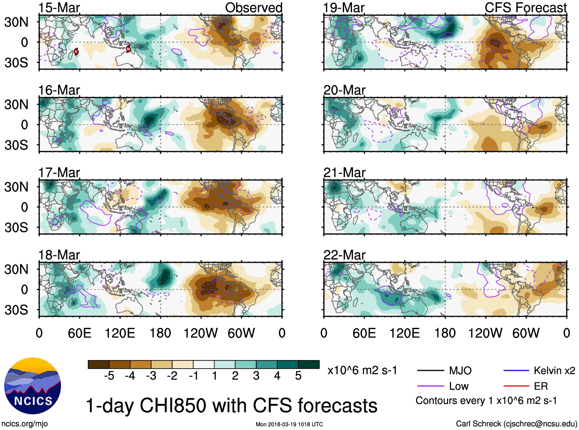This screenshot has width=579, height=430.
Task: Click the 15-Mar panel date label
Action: [x=59, y=8]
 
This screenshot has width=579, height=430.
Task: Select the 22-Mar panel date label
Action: [x=344, y=255]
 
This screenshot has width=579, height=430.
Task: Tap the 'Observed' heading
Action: [x=253, y=8]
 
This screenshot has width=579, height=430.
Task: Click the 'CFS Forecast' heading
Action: [x=525, y=8]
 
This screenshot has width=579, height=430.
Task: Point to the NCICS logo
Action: [x=33, y=386]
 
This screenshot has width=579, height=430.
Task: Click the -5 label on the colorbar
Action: [x=109, y=376]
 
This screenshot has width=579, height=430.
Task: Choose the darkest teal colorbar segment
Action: [x=309, y=364]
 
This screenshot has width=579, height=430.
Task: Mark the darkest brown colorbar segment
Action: [x=99, y=364]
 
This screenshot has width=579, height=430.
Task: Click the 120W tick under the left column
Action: [x=201, y=333]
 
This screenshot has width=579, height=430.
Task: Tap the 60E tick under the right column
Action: [x=364, y=333]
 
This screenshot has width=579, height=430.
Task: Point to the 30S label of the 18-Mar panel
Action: [x=16, y=310]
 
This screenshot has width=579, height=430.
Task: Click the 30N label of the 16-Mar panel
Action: [x=16, y=104]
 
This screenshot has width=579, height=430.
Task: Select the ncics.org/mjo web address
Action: [x=25, y=423]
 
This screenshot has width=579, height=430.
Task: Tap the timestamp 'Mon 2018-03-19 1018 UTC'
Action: [x=289, y=424]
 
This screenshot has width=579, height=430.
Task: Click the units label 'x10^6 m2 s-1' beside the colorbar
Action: [x=362, y=371]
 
